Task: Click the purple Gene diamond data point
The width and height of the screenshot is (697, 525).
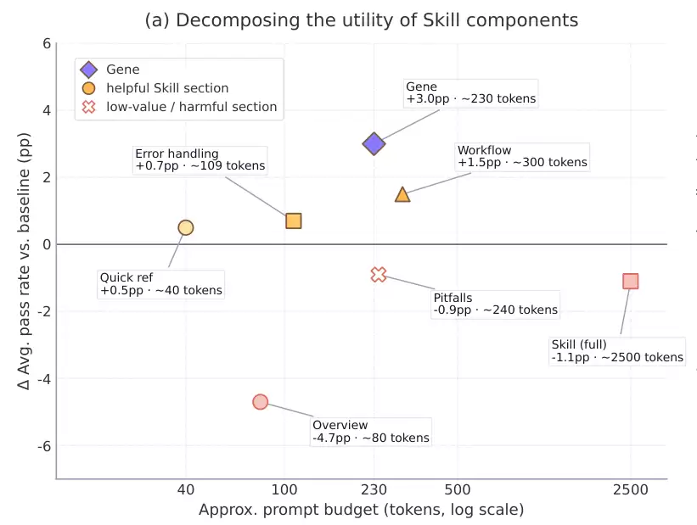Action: (374, 143)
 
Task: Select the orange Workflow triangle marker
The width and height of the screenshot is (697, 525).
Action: (402, 194)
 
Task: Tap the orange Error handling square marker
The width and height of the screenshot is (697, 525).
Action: (294, 221)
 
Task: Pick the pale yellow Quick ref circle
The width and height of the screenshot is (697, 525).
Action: (186, 227)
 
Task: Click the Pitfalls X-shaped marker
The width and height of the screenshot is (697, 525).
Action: (379, 274)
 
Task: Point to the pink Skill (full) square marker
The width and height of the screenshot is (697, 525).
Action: (630, 281)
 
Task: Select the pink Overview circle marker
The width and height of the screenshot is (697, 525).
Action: (261, 402)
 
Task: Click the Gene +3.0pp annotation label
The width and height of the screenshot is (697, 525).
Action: (470, 92)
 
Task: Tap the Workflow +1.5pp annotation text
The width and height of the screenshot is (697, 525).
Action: (521, 156)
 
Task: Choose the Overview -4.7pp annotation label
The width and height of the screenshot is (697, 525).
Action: (370, 432)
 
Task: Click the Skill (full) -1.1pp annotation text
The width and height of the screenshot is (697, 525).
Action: (616, 350)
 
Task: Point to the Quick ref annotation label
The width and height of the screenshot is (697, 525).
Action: (160, 283)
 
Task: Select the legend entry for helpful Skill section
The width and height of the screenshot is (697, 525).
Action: (166, 87)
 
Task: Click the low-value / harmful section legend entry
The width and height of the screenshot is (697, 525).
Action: (191, 107)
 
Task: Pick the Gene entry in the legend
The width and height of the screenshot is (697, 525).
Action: (122, 69)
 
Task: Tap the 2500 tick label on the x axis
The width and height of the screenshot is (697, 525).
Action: (630, 490)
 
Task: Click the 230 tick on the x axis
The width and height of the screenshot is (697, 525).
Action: (374, 490)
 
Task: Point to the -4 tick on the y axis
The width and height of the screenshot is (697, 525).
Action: (42, 378)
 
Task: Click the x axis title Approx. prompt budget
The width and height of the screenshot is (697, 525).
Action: (361, 510)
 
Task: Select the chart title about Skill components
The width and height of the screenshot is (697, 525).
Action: (362, 20)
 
